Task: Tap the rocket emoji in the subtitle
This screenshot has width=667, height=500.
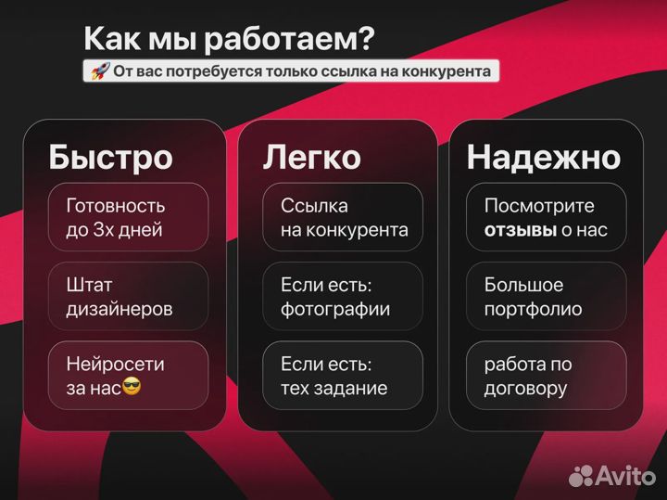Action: coord(98,71)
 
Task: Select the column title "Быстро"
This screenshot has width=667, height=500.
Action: coord(110,157)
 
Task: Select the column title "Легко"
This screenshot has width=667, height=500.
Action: coord(311,157)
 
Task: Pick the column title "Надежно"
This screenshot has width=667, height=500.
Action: coord(543,157)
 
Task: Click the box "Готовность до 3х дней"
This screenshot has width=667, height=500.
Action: coord(129,217)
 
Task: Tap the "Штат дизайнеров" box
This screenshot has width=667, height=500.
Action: coord(129,297)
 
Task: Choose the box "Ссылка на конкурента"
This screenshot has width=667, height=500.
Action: coord(343,217)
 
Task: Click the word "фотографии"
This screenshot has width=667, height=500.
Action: coord(335,309)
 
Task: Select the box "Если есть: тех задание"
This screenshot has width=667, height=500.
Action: coord(343,376)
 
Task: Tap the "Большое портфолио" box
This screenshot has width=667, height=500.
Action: coord(547,297)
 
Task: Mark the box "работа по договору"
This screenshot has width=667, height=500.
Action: coord(547,376)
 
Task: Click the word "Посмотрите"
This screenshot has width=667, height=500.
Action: coord(539,205)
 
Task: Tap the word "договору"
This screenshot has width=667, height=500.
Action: coord(525,388)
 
